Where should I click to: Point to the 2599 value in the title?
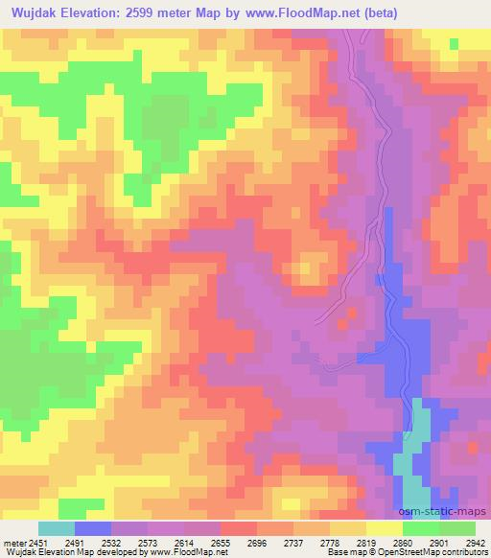pyautogui.click(x=141, y=13)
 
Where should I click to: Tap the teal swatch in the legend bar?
pyautogui.click(x=57, y=528)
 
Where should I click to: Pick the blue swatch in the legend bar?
pyautogui.click(x=93, y=528)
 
